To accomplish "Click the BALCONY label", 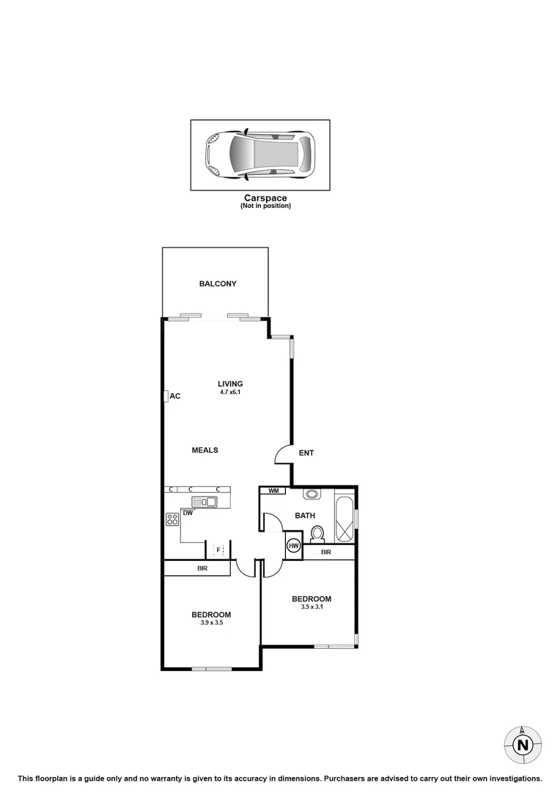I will pyautogui.click(x=218, y=284).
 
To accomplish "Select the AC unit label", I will pyautogui.click(x=175, y=396).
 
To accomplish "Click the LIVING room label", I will pyautogui.click(x=230, y=384).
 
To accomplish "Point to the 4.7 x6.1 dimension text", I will pyautogui.click(x=230, y=393).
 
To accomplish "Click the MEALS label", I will pyautogui.click(x=205, y=450).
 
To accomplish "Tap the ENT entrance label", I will pyautogui.click(x=306, y=453).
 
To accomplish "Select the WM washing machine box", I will pyautogui.click(x=273, y=491).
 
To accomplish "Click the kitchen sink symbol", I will pyautogui.click(x=205, y=502).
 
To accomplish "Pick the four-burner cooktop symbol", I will pyautogui.click(x=173, y=519).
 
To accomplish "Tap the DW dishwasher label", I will pyautogui.click(x=188, y=513).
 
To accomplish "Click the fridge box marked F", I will pyautogui.click(x=218, y=549).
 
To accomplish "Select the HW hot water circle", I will pyautogui.click(x=294, y=546).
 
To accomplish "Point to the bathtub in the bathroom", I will pyautogui.click(x=344, y=519).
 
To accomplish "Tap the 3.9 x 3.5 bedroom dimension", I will pyautogui.click(x=211, y=623).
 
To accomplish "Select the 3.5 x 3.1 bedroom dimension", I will pyautogui.click(x=311, y=606).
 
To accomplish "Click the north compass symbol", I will pyautogui.click(x=522, y=745).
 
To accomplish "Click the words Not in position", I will pyautogui.click(x=265, y=206).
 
